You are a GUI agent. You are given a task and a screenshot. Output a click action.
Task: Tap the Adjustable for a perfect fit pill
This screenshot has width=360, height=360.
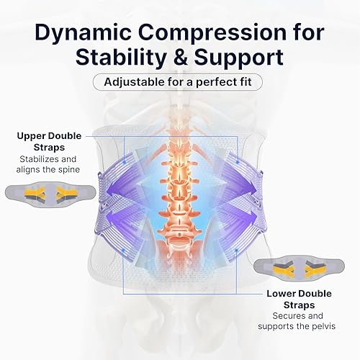[x=179, y=80]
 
